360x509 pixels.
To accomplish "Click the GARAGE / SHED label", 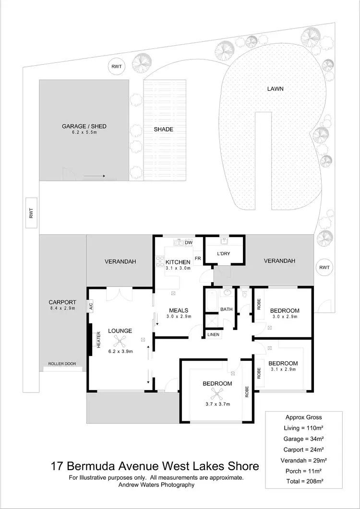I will tap(84, 126).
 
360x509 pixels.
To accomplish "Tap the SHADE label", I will tap(163, 129).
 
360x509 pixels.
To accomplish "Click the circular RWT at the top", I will tap(117, 67).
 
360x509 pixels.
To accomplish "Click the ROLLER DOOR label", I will tap(62, 364).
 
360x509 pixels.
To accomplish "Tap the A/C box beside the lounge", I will tap(90, 306).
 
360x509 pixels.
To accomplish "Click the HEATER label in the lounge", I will tap(99, 339).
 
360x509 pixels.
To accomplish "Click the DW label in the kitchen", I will tap(189, 243).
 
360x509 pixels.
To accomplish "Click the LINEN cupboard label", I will tap(213, 334).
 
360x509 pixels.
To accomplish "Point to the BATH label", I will tap(226, 309).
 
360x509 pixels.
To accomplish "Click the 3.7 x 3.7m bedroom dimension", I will tap(217, 404).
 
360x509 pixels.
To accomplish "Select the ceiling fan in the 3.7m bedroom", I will tap(219, 394).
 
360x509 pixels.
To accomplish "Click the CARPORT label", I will tap(62, 302).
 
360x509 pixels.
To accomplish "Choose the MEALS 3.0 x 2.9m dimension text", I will tap(179, 316).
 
